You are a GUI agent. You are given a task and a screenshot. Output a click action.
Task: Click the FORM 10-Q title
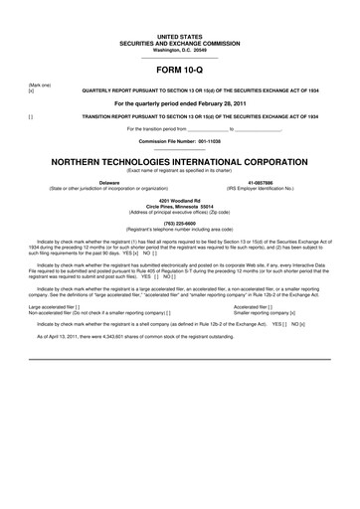(x=180, y=72)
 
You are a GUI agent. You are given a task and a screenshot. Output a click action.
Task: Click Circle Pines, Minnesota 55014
(x=180, y=206)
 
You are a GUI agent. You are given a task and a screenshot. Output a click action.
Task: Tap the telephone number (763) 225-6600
(x=180, y=223)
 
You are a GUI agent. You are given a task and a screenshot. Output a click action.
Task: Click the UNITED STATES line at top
(x=180, y=35)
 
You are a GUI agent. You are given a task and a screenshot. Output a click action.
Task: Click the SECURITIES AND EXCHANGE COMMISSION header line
(x=180, y=42)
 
